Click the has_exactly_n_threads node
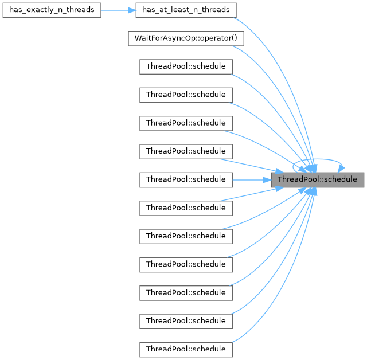click(52, 10)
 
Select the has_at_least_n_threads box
click(186, 10)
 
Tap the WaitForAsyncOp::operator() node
click(186, 38)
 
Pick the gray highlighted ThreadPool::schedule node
click(317, 179)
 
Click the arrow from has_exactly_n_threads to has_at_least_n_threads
click(118, 10)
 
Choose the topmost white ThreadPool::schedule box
click(186, 66)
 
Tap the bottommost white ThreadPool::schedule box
click(186, 349)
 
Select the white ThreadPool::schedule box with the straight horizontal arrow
click(186, 179)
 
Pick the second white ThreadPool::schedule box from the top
click(186, 95)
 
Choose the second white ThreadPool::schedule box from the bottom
click(186, 320)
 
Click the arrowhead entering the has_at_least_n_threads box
click(131, 10)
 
